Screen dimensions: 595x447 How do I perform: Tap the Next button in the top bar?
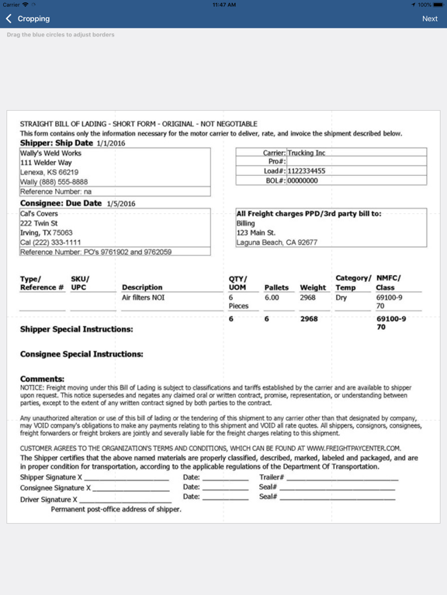pyautogui.click(x=429, y=19)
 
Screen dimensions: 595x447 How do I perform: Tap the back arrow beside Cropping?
pyautogui.click(x=9, y=19)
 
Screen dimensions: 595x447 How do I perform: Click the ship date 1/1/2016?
pyautogui.click(x=111, y=143)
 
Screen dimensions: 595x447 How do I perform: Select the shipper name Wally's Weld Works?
pyautogui.click(x=50, y=153)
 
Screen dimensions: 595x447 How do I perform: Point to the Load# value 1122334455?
pyautogui.click(x=307, y=171)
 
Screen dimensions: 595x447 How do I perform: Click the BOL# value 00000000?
pyautogui.click(x=303, y=181)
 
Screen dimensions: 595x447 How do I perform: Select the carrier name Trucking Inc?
pyautogui.click(x=306, y=153)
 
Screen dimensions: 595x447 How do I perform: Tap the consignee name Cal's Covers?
pyautogui.click(x=40, y=213)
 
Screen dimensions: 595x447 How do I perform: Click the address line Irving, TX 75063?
pyautogui.click(x=47, y=232)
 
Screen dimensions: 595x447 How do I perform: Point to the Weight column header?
pyautogui.click(x=313, y=287)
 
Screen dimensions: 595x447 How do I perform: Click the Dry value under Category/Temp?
pyautogui.click(x=341, y=297)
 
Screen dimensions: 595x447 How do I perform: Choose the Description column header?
pyautogui.click(x=142, y=287)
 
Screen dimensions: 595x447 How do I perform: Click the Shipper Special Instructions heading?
pyautogui.click(x=76, y=329)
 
